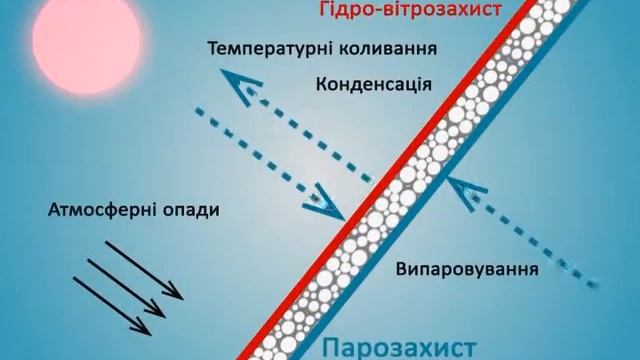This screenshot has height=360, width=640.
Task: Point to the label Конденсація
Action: click(373, 84)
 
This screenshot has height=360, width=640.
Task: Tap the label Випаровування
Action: click(467, 270)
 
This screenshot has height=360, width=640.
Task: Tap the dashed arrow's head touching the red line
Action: click(330, 206)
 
